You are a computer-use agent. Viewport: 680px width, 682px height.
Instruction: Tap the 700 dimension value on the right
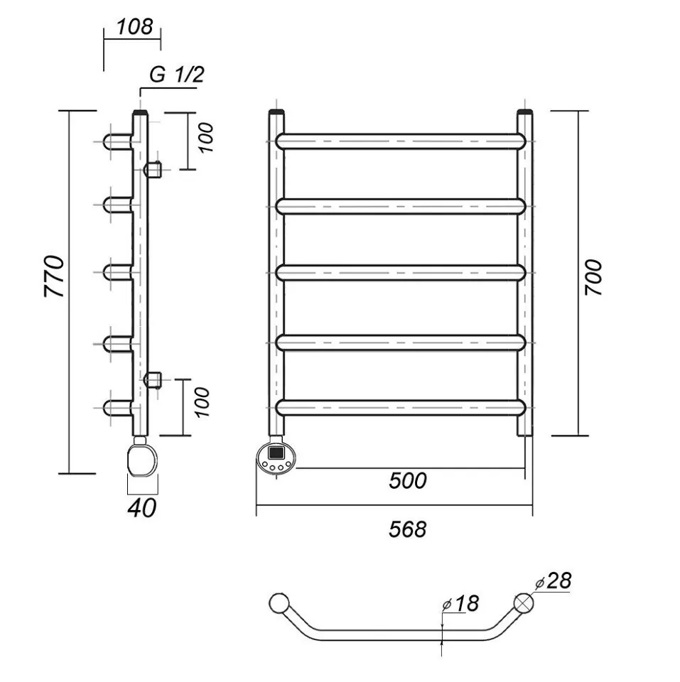(x=593, y=277)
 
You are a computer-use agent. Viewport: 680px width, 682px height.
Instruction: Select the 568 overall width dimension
(x=408, y=529)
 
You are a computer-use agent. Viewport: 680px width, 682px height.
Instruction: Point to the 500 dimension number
(x=408, y=481)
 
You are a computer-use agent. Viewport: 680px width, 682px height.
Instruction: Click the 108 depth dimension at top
(x=134, y=27)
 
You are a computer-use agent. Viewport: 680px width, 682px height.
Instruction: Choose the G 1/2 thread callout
(x=177, y=75)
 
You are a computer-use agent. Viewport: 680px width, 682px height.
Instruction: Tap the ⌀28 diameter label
(x=554, y=582)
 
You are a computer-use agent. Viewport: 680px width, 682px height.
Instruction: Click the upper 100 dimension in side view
(x=205, y=139)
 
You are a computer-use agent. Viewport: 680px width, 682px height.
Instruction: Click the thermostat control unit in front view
(x=275, y=458)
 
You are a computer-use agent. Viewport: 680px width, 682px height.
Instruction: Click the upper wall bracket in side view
(x=153, y=170)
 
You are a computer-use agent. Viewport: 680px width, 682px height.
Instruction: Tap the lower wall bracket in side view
(x=153, y=379)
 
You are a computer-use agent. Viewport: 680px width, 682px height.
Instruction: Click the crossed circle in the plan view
(x=524, y=603)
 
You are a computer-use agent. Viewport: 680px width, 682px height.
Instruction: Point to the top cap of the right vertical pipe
(x=524, y=114)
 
